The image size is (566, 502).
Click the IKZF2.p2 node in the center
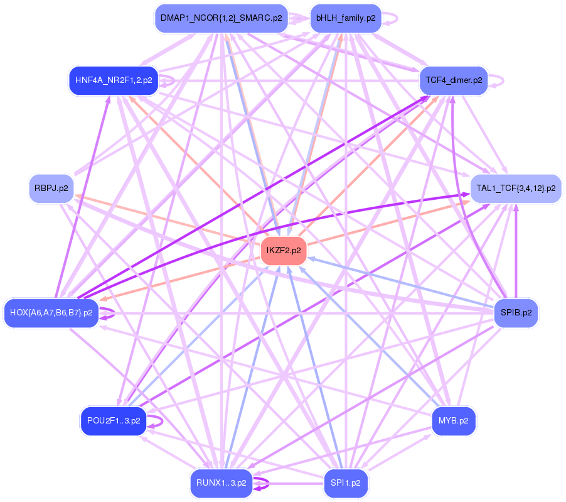click(x=284, y=251)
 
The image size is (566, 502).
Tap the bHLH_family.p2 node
click(x=345, y=18)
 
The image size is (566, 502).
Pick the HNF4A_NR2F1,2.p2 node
click(x=113, y=80)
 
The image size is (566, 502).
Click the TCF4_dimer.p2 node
click(x=453, y=80)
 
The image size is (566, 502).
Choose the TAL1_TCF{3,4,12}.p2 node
click(x=515, y=188)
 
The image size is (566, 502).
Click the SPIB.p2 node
click(x=515, y=312)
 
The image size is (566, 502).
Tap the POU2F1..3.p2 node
click(x=113, y=420)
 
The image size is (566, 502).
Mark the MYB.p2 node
click(x=453, y=420)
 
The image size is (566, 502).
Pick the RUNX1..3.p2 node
click(x=221, y=483)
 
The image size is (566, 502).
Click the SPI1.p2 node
click(x=345, y=483)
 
